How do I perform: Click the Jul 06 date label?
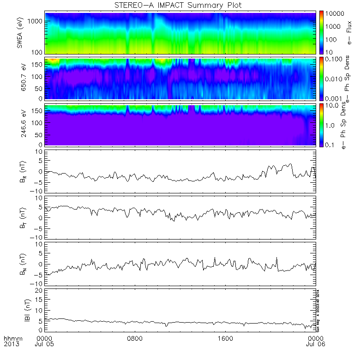coord(315,344)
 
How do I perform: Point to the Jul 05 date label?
coord(46,344)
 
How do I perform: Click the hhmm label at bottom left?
coord(11,338)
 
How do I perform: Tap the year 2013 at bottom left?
coord(11,344)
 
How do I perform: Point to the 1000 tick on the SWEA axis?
coord(37,22)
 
